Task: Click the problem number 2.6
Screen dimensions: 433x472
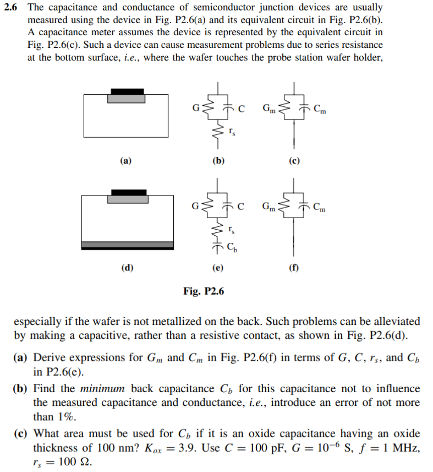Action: (12, 8)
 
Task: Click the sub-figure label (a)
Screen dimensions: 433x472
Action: (126, 161)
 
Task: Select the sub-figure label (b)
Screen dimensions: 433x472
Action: (218, 161)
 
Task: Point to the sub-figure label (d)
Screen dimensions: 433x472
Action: (127, 268)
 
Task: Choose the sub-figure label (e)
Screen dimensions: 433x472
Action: (218, 268)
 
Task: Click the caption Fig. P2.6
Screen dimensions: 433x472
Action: (204, 291)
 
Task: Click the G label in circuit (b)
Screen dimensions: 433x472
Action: (194, 106)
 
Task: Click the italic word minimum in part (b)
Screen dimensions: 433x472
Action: (105, 389)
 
